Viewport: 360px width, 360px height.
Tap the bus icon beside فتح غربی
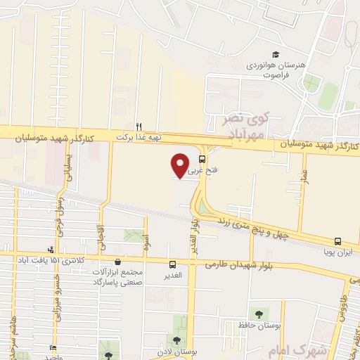(x=202, y=159)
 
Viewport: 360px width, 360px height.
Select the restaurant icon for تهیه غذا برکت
(x=139, y=127)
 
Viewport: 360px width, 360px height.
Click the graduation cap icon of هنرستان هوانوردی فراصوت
(x=276, y=55)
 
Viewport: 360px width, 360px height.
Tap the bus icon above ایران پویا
(x=338, y=240)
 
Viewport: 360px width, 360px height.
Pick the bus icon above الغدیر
(x=173, y=264)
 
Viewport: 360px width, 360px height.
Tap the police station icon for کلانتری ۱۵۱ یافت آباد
(x=50, y=250)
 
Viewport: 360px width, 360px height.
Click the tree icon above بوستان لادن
(x=176, y=340)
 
